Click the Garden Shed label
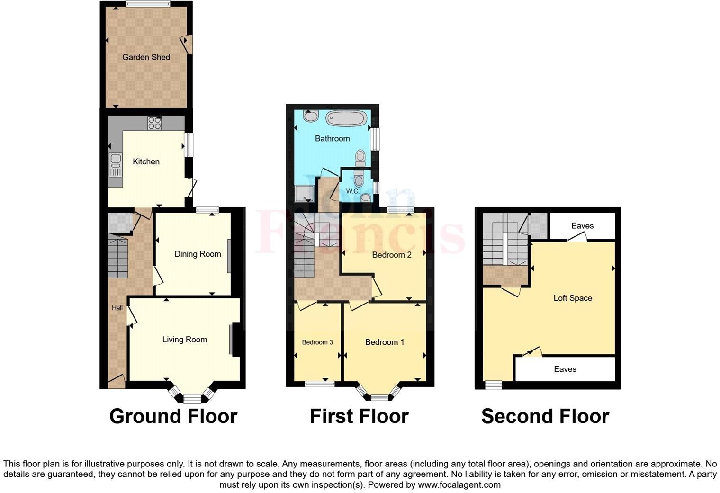(146, 57)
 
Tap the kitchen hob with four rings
(154, 123)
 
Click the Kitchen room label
(146, 161)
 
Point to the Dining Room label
(198, 254)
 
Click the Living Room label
(184, 340)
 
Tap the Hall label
(117, 308)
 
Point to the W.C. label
(352, 191)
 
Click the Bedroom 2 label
(392, 255)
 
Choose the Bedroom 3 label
(317, 342)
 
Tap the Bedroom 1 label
(385, 342)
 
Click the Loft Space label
(573, 298)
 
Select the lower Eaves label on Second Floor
(565, 369)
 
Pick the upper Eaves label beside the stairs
(582, 226)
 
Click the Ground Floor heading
(173, 416)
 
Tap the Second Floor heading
(545, 416)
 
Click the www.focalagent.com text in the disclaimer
(459, 484)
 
